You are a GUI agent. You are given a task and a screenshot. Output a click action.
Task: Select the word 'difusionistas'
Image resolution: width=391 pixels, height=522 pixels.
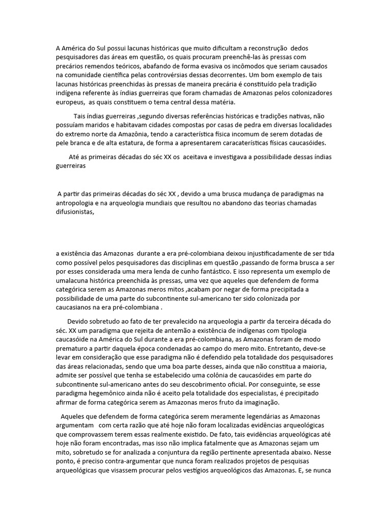tap(76, 213)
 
